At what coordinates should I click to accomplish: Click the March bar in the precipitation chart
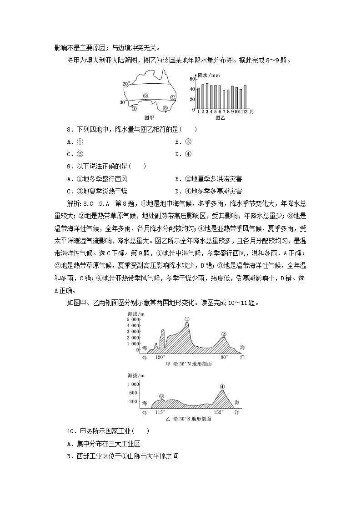pyautogui.click(x=207, y=96)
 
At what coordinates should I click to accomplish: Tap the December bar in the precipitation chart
pyautogui.click(x=245, y=97)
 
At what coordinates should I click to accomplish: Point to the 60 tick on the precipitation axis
pyautogui.click(x=192, y=79)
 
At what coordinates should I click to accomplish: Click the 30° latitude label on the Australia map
pyautogui.click(x=123, y=102)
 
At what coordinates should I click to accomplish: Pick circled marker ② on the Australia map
pyautogui.click(x=145, y=96)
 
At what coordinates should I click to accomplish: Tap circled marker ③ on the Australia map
pyautogui.click(x=165, y=108)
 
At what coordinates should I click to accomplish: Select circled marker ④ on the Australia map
pyautogui.click(x=173, y=97)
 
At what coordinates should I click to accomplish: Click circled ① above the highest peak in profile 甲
pyautogui.click(x=187, y=319)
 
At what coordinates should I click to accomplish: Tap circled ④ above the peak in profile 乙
pyautogui.click(x=222, y=387)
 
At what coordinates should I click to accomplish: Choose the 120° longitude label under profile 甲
pyautogui.click(x=160, y=358)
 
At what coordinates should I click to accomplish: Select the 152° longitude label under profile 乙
pyautogui.click(x=219, y=412)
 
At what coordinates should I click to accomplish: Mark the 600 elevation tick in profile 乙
pyautogui.click(x=133, y=393)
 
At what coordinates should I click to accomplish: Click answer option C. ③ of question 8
pyautogui.click(x=75, y=154)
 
